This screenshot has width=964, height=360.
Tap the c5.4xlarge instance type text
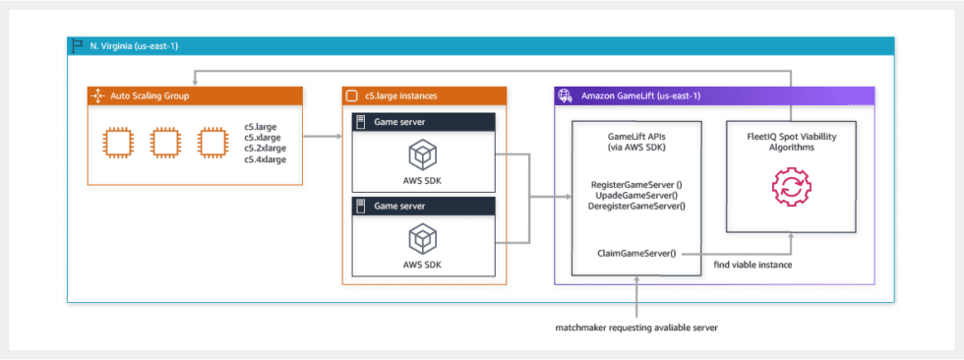point(266,159)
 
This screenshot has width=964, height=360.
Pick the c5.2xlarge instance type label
point(266,150)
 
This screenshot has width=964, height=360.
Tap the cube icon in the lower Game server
point(424,238)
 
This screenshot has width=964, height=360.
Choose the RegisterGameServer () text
point(636,185)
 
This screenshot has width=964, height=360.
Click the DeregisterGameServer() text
point(636,206)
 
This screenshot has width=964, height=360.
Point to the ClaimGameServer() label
point(636,253)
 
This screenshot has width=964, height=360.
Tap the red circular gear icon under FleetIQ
point(791,186)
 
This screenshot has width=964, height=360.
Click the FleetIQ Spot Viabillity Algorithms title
point(791,143)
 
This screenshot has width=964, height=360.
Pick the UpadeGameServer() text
point(636,196)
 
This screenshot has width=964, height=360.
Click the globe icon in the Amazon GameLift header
point(566,96)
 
